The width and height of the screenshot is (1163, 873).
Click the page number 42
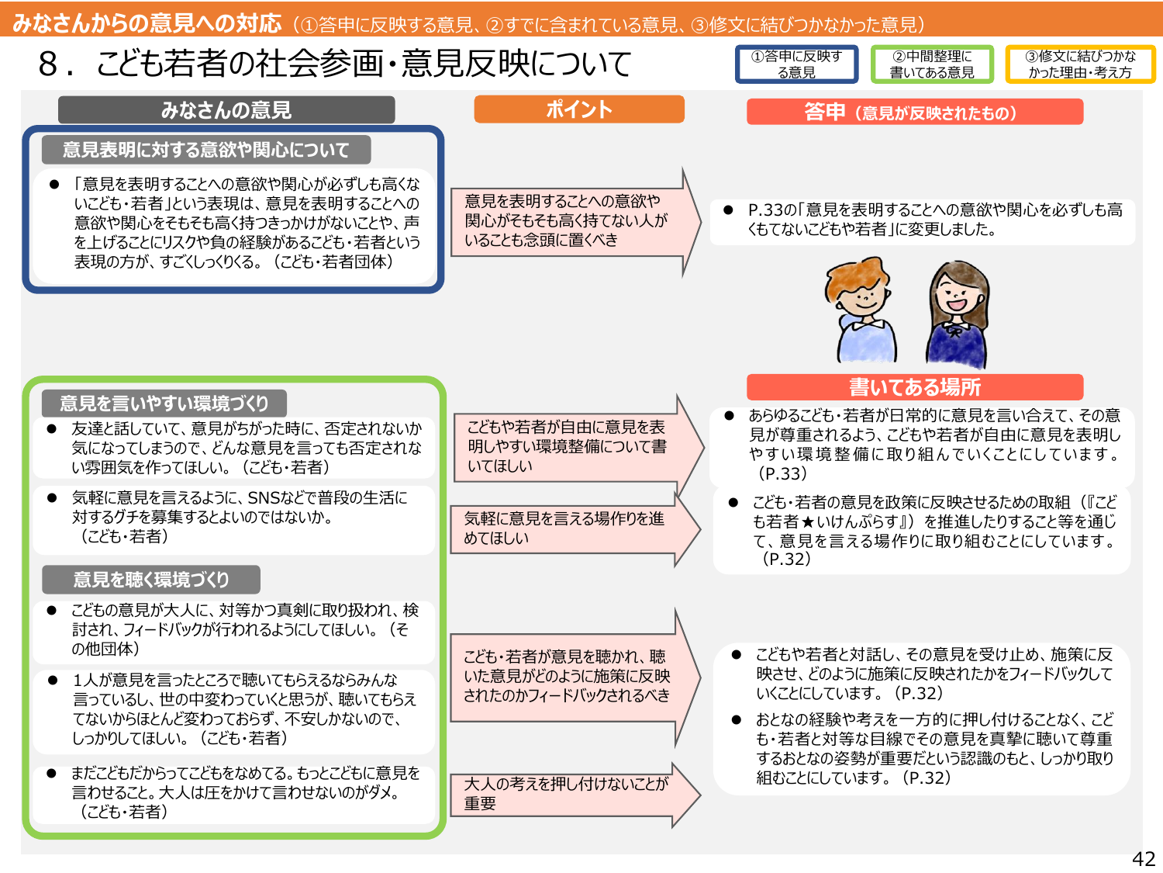[x=1143, y=858]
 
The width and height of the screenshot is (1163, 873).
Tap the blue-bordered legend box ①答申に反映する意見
[x=796, y=64]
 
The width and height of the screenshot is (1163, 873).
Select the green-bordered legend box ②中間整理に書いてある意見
[x=932, y=64]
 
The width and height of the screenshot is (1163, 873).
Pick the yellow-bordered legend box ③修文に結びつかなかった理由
[x=1080, y=64]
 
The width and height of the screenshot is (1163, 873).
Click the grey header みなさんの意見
[x=226, y=110]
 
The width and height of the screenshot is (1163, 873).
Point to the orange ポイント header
[x=579, y=109]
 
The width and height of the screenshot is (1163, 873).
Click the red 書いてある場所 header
[x=915, y=386]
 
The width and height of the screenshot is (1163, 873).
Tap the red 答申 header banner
[x=915, y=113]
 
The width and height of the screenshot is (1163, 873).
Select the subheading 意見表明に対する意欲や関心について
[x=206, y=150]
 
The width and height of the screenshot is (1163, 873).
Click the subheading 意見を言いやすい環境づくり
[x=164, y=404]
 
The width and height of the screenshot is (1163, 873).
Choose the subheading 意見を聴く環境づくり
[x=151, y=580]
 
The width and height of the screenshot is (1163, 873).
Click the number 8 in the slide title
[x=47, y=64]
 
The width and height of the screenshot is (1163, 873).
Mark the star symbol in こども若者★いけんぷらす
[x=807, y=522]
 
